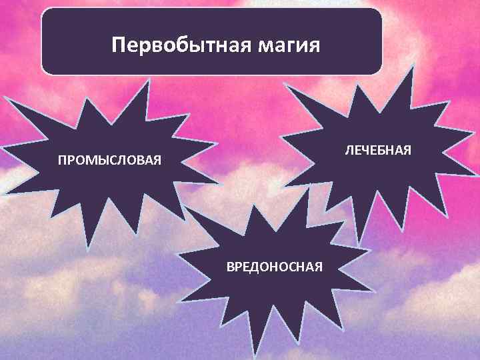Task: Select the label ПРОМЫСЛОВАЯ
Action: pos(109,161)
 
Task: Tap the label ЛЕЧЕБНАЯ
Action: pos(378,148)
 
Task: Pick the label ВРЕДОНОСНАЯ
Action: pos(275,267)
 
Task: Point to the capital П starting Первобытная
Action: pos(119,45)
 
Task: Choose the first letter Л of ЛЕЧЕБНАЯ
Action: pos(348,148)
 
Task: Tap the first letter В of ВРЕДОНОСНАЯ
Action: pos(230,267)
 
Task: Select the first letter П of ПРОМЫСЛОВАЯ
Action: pos(61,161)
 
